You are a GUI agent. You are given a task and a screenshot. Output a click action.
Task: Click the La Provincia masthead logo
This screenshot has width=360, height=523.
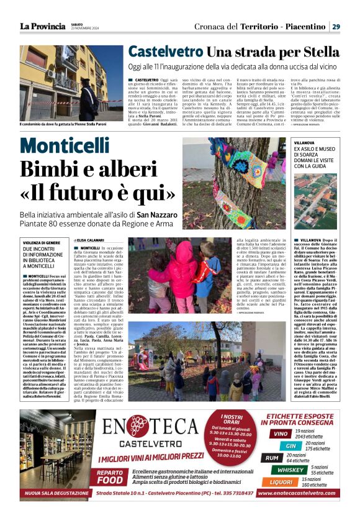[x=42, y=27]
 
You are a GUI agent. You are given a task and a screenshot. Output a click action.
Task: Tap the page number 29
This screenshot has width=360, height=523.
[x=336, y=27]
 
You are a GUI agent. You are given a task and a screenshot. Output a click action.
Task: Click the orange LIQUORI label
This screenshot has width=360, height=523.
[x=282, y=482]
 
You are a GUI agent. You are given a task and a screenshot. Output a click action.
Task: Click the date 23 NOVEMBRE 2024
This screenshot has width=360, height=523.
[x=85, y=29]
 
